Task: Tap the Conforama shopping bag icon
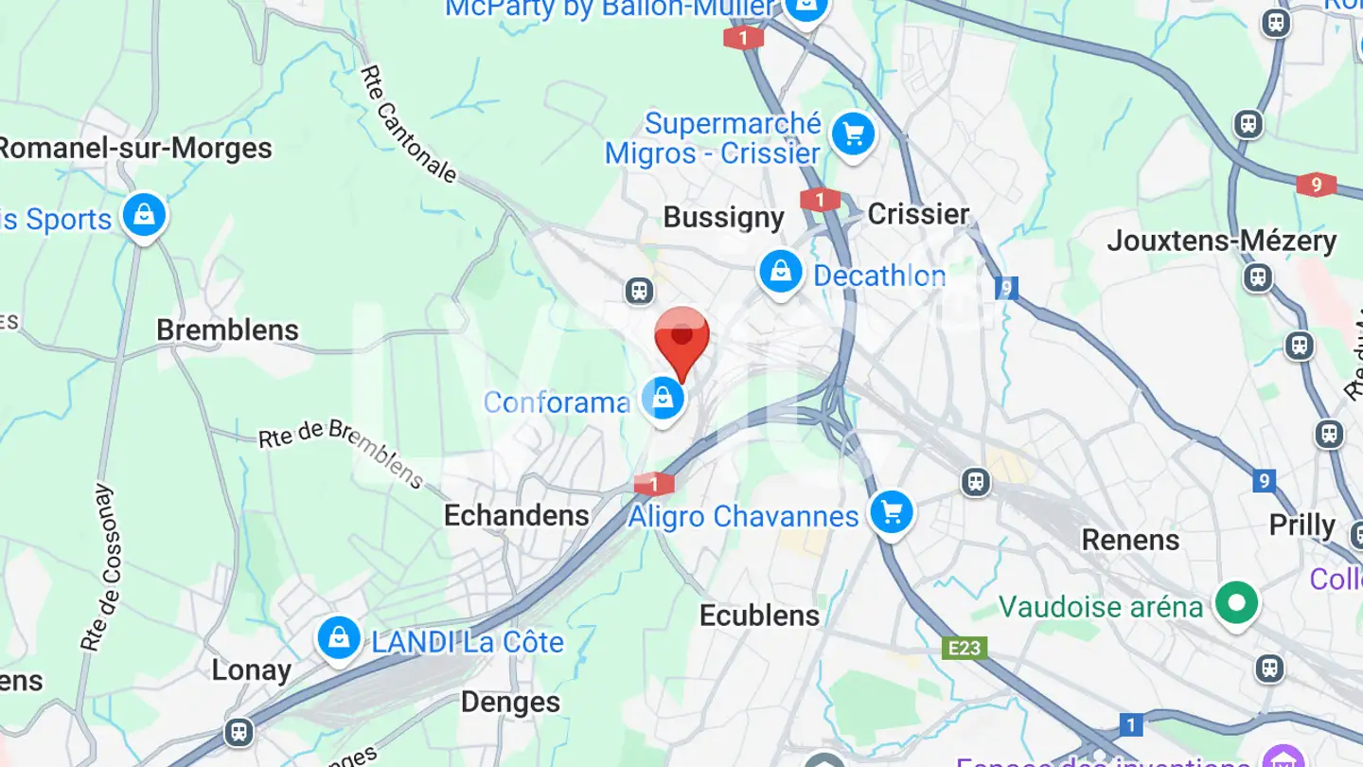[x=664, y=399]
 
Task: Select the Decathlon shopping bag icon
[x=781, y=273]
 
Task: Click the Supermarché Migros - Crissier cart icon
[x=854, y=135]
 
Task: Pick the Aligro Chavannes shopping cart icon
[x=892, y=512]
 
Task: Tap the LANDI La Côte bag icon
[x=338, y=638]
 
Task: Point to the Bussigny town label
[x=724, y=217]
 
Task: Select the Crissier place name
[x=918, y=214]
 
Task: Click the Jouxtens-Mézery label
[x=1222, y=241]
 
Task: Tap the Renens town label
[x=1131, y=540]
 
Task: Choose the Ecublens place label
[x=759, y=615]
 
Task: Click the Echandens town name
[x=517, y=515]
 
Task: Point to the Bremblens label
[x=227, y=330]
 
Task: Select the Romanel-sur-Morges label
[x=134, y=149]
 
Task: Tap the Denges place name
[x=511, y=702]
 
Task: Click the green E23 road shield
[x=965, y=648]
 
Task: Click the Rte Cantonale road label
[x=409, y=124]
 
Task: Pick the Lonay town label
[x=251, y=670]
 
